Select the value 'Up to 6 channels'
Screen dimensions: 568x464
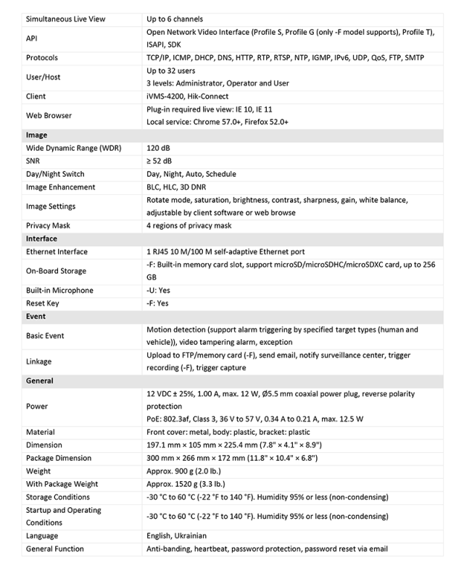pyautogui.click(x=174, y=19)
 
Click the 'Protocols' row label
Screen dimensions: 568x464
pyautogui.click(x=42, y=57)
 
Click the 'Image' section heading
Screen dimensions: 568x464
pyautogui.click(x=36, y=135)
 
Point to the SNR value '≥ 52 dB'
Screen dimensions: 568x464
pyautogui.click(x=164, y=161)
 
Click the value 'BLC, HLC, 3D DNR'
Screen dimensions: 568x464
pyautogui.click(x=178, y=187)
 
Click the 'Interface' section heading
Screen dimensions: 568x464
pyautogui.click(x=41, y=238)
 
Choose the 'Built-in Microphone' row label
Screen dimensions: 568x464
pyautogui.click(x=59, y=291)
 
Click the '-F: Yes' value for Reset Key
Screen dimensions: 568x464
pyautogui.click(x=157, y=304)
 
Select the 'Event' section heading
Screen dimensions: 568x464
pyautogui.click(x=36, y=317)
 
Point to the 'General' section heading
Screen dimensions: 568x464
pyautogui.click(x=39, y=380)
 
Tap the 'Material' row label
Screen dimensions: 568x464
pyautogui.click(x=41, y=433)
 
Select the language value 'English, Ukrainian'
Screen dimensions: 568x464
pyautogui.click(x=180, y=536)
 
